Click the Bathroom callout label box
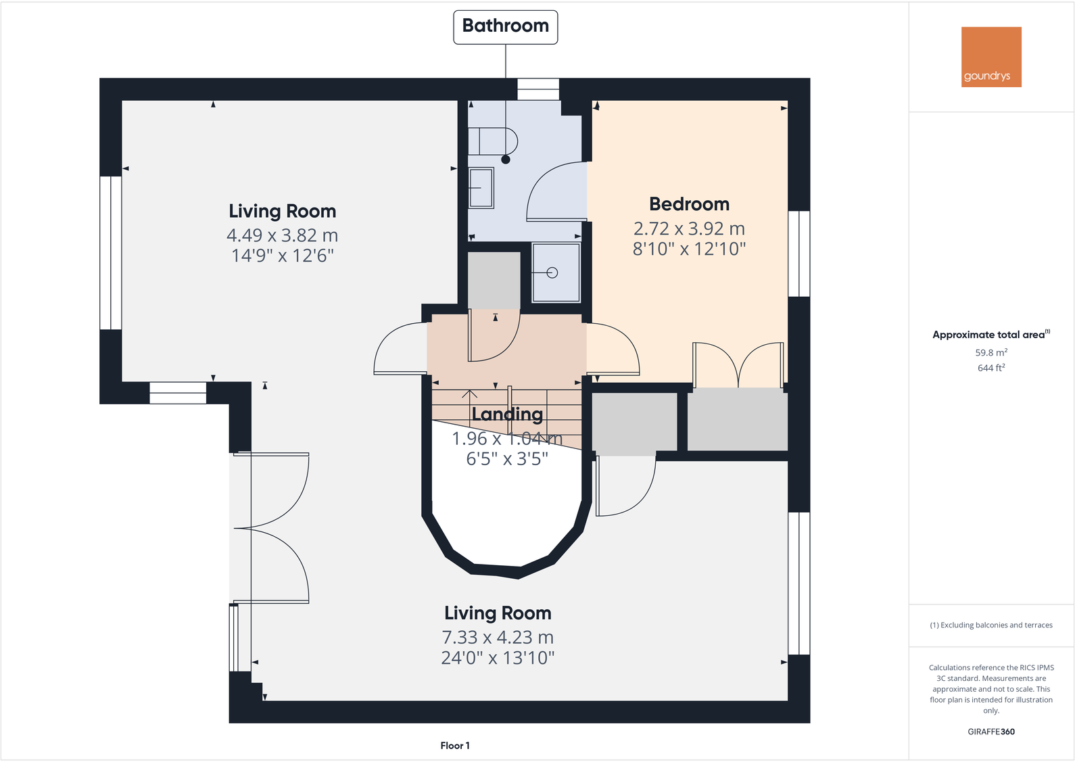pos(505,27)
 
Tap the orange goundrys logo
pos(991,57)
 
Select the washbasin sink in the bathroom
pos(481,187)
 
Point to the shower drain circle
pos(552,273)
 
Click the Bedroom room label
pos(689,204)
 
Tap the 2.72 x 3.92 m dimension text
pos(689,229)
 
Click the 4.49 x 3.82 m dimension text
pos(282,235)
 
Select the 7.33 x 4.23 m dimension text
pos(498,637)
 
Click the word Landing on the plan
pos(507,414)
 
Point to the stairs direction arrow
pos(469,395)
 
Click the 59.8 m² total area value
pos(991,352)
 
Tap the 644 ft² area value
pos(991,368)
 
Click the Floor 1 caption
pos(455,745)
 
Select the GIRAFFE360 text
pos(991,732)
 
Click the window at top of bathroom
pos(538,89)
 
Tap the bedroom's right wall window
pos(799,254)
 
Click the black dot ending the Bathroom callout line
pos(506,160)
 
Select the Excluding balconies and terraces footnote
pos(991,625)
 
